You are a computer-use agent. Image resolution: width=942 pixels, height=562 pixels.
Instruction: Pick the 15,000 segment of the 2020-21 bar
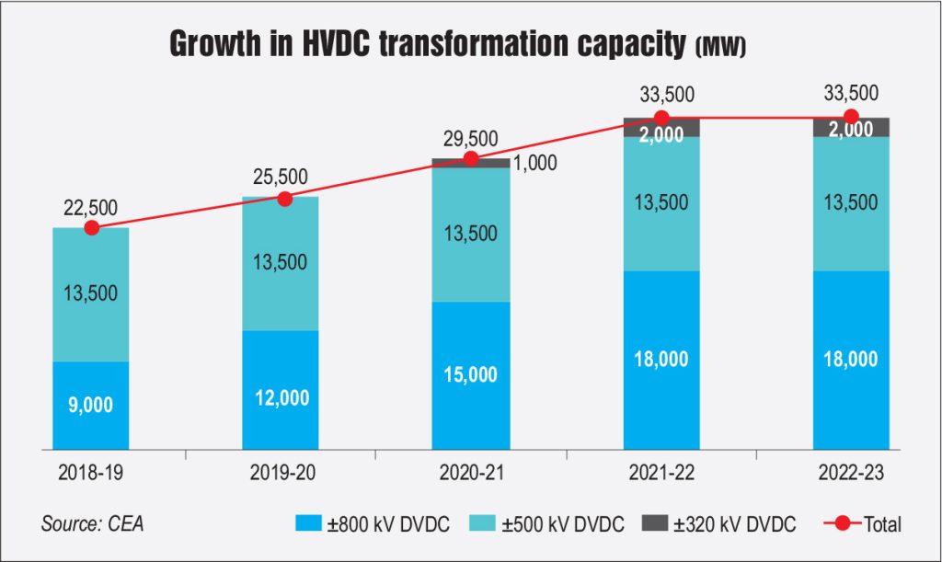[x=471, y=375]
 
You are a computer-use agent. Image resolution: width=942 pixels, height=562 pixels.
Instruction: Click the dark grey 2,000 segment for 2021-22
[x=661, y=129]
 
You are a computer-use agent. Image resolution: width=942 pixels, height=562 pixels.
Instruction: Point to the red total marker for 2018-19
[x=90, y=228]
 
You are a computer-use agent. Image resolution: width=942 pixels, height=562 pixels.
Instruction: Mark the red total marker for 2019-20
[x=284, y=198]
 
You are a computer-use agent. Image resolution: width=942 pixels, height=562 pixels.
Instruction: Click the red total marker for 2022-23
[x=851, y=117]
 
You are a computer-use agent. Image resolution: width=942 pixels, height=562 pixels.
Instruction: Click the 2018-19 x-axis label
[x=89, y=474]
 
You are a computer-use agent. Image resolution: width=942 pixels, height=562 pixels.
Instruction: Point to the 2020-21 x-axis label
[x=471, y=474]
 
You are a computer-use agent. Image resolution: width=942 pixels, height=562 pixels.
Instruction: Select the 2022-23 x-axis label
[x=851, y=474]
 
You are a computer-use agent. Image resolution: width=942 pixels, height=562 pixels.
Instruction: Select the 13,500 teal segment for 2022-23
[x=851, y=203]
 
